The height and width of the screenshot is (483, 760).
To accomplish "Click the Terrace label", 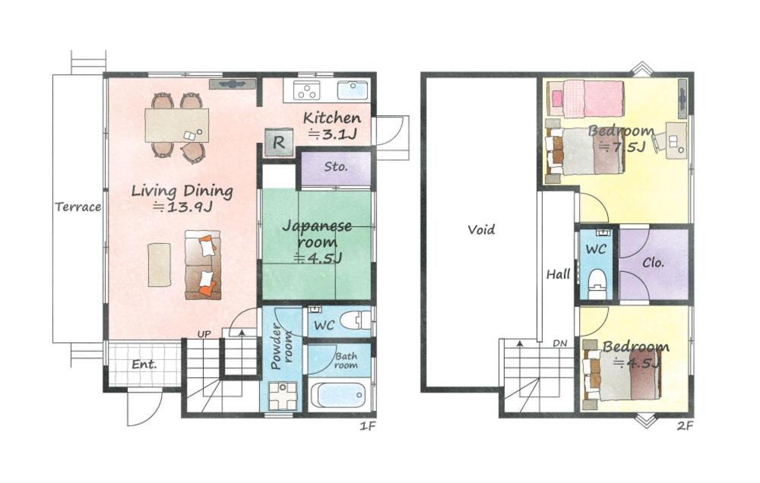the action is coord(78,207).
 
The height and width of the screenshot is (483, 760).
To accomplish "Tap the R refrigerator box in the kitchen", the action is coord(279,142).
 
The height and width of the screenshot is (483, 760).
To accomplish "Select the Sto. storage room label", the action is coord(336,166).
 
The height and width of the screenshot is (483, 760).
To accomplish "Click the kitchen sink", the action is coord(353,90).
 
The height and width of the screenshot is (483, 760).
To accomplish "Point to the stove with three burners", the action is coord(307,90).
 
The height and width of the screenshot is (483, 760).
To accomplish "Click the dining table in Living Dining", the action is coord(177,125).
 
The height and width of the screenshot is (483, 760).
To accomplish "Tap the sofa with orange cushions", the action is coord(203,264).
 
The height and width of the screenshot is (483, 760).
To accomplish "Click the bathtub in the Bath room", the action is coord(338,396).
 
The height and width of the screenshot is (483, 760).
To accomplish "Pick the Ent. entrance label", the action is coord(144,364).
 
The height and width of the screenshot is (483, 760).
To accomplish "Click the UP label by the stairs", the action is coord(204,334).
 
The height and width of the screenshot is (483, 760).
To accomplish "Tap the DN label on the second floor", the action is coord(560,343).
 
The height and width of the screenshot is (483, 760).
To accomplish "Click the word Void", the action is coord(481,229).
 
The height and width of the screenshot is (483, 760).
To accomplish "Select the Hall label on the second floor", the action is coord(559,274).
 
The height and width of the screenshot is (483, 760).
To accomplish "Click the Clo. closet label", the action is coord(653,263).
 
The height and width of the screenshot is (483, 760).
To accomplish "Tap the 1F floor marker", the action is coord(368,426).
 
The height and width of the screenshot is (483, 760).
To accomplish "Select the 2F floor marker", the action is coord(686,426).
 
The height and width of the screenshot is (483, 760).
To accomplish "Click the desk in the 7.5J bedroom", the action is coord(676,140).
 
